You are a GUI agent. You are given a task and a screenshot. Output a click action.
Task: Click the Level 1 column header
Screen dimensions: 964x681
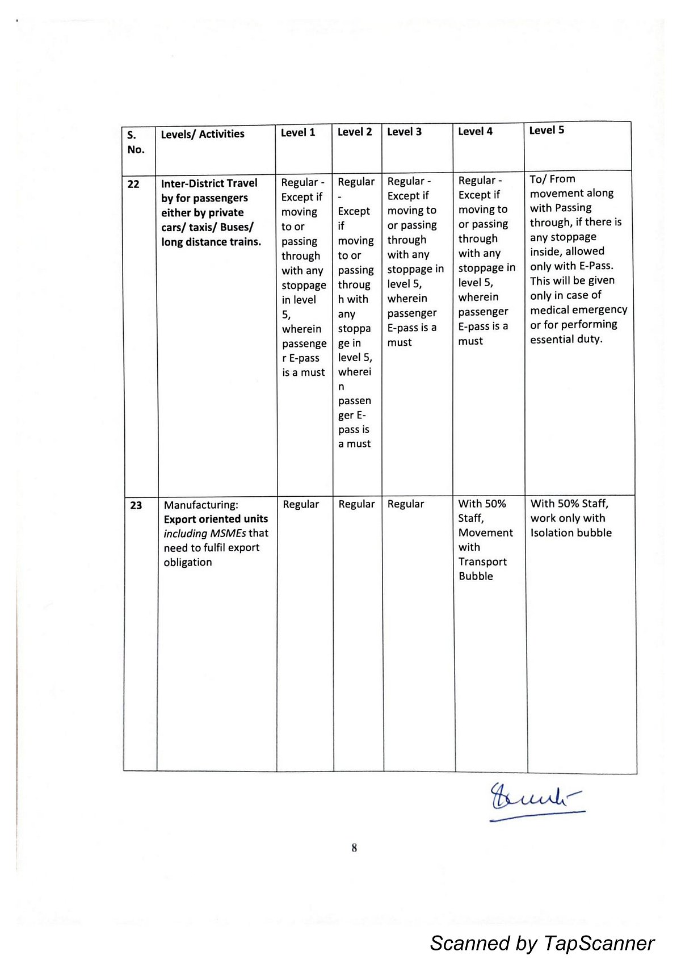[298, 133]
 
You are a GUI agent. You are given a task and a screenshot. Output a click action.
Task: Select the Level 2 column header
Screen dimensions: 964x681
[355, 132]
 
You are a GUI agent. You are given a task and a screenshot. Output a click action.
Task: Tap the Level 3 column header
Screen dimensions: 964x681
[404, 132]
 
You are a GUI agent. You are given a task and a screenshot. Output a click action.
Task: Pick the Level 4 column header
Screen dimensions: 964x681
[476, 131]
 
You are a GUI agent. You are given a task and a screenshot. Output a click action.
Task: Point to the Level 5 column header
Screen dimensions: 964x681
[547, 130]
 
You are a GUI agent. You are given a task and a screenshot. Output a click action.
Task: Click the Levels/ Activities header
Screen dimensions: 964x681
[203, 134]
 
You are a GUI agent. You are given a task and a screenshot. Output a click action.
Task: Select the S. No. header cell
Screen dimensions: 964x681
[136, 142]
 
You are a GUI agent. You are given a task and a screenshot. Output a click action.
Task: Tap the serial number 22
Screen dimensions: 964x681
[133, 184]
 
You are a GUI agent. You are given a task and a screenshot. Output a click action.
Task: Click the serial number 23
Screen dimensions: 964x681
[136, 505]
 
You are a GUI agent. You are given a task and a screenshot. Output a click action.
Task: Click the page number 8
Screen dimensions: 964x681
[354, 848]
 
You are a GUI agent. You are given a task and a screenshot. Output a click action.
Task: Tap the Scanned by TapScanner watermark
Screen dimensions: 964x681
[542, 943]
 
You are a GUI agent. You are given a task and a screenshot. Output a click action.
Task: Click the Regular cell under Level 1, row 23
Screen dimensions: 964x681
[301, 504]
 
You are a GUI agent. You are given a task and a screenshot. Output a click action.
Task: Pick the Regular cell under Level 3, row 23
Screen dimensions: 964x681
[406, 504]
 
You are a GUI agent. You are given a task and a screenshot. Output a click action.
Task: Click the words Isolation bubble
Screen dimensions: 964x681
[571, 533]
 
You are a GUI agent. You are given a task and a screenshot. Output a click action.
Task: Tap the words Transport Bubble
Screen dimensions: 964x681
[482, 569]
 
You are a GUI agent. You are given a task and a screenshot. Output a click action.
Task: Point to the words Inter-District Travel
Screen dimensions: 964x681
[209, 183]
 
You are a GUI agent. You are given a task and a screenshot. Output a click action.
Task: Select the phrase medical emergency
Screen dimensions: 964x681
[578, 309]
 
